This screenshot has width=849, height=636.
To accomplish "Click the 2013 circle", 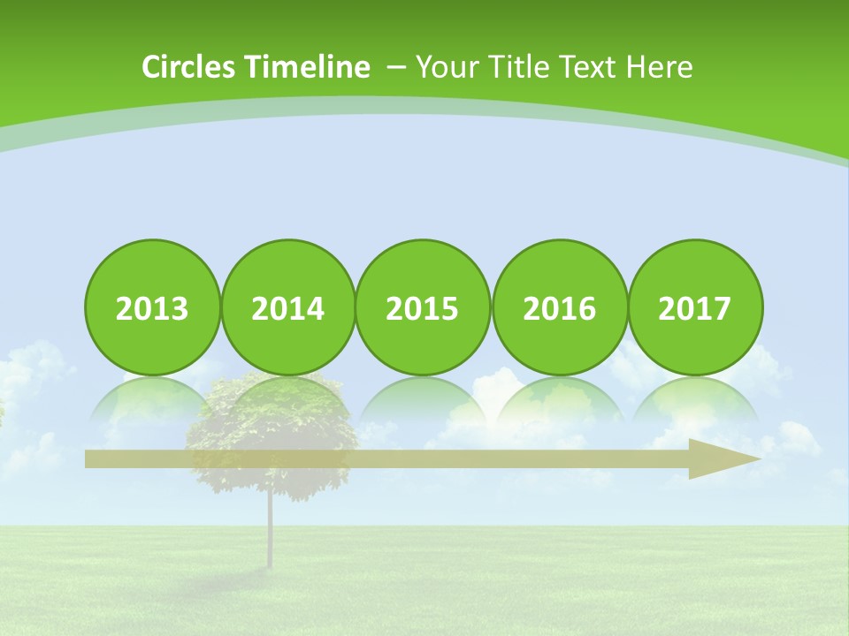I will click(x=152, y=307).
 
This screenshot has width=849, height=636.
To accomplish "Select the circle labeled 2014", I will click(x=288, y=307).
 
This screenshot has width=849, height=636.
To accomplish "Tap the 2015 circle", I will click(x=423, y=307).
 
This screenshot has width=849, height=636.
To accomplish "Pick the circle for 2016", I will click(x=559, y=307).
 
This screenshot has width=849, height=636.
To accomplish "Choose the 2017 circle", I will click(x=695, y=307).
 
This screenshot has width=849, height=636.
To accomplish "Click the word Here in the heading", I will click(x=659, y=67).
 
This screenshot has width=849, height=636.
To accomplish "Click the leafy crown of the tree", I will click(x=274, y=424).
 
